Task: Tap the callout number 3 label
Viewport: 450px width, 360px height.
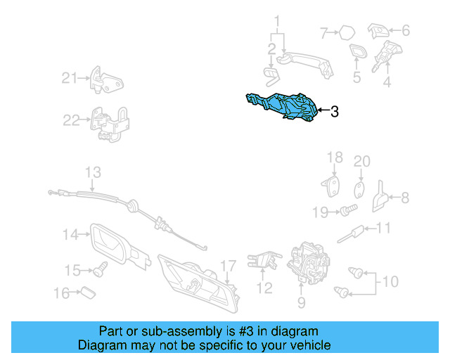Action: [x=335, y=111]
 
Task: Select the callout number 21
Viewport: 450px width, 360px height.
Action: [x=67, y=78]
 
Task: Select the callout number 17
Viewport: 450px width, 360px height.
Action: [x=227, y=266]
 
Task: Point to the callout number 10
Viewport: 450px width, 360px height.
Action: [x=390, y=282]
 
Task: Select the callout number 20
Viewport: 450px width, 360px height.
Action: [x=361, y=162]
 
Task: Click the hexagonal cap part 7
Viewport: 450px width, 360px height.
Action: [x=347, y=32]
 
